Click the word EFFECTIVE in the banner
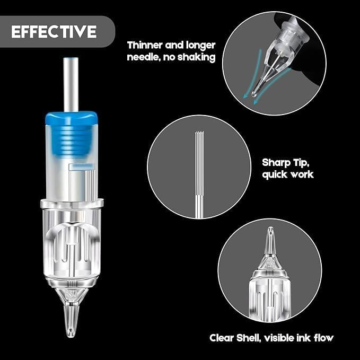[54, 31]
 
